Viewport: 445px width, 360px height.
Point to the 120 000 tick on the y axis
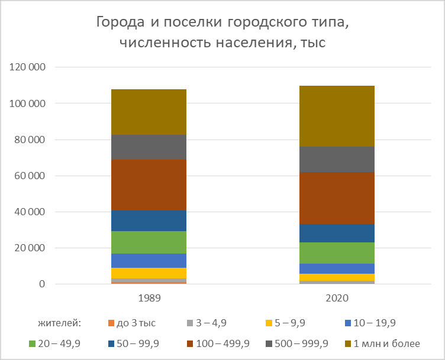tap(28, 67)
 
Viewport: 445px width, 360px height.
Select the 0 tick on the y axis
tap(42, 284)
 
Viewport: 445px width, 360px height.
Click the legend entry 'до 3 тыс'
tap(139, 323)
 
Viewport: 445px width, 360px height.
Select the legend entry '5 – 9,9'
tap(292, 323)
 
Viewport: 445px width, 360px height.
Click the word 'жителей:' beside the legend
tap(59, 323)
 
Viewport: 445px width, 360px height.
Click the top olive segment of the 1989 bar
tap(149, 112)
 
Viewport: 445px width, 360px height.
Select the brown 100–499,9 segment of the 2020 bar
tap(337, 198)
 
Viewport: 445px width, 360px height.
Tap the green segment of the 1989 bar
tap(149, 242)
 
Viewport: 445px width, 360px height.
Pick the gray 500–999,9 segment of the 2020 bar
tap(337, 159)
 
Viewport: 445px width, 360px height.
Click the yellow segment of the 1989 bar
tap(149, 273)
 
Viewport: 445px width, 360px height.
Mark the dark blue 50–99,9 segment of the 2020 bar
tap(337, 233)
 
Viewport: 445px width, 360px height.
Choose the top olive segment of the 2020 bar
tap(337, 116)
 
